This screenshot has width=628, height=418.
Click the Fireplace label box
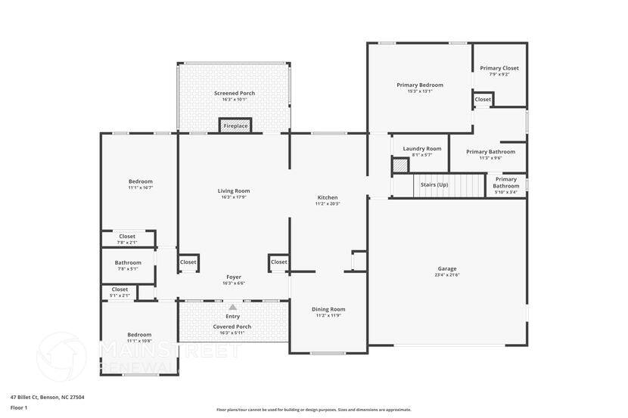pos(235,125)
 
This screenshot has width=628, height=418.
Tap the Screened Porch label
pos(234,93)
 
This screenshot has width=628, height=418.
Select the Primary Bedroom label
pos(420,85)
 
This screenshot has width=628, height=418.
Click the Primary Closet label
pos(499,68)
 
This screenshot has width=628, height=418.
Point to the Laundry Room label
pos(421,149)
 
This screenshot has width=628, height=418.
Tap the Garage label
pos(446,268)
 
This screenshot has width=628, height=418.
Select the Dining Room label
pos(328,308)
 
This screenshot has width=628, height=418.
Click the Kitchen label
pos(327,197)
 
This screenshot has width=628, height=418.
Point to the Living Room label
pos(234,190)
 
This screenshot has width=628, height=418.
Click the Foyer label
pos(234,277)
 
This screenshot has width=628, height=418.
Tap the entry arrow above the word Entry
pos(233,308)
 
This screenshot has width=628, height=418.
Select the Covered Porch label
pos(234,327)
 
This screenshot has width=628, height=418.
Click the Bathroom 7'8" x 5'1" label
pos(128,262)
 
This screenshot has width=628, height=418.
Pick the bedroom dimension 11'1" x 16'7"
pos(140,187)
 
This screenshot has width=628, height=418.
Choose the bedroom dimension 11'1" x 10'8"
pos(139,341)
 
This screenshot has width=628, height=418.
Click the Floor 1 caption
pos(19,407)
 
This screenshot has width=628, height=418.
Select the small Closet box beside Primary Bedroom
pos(483,99)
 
